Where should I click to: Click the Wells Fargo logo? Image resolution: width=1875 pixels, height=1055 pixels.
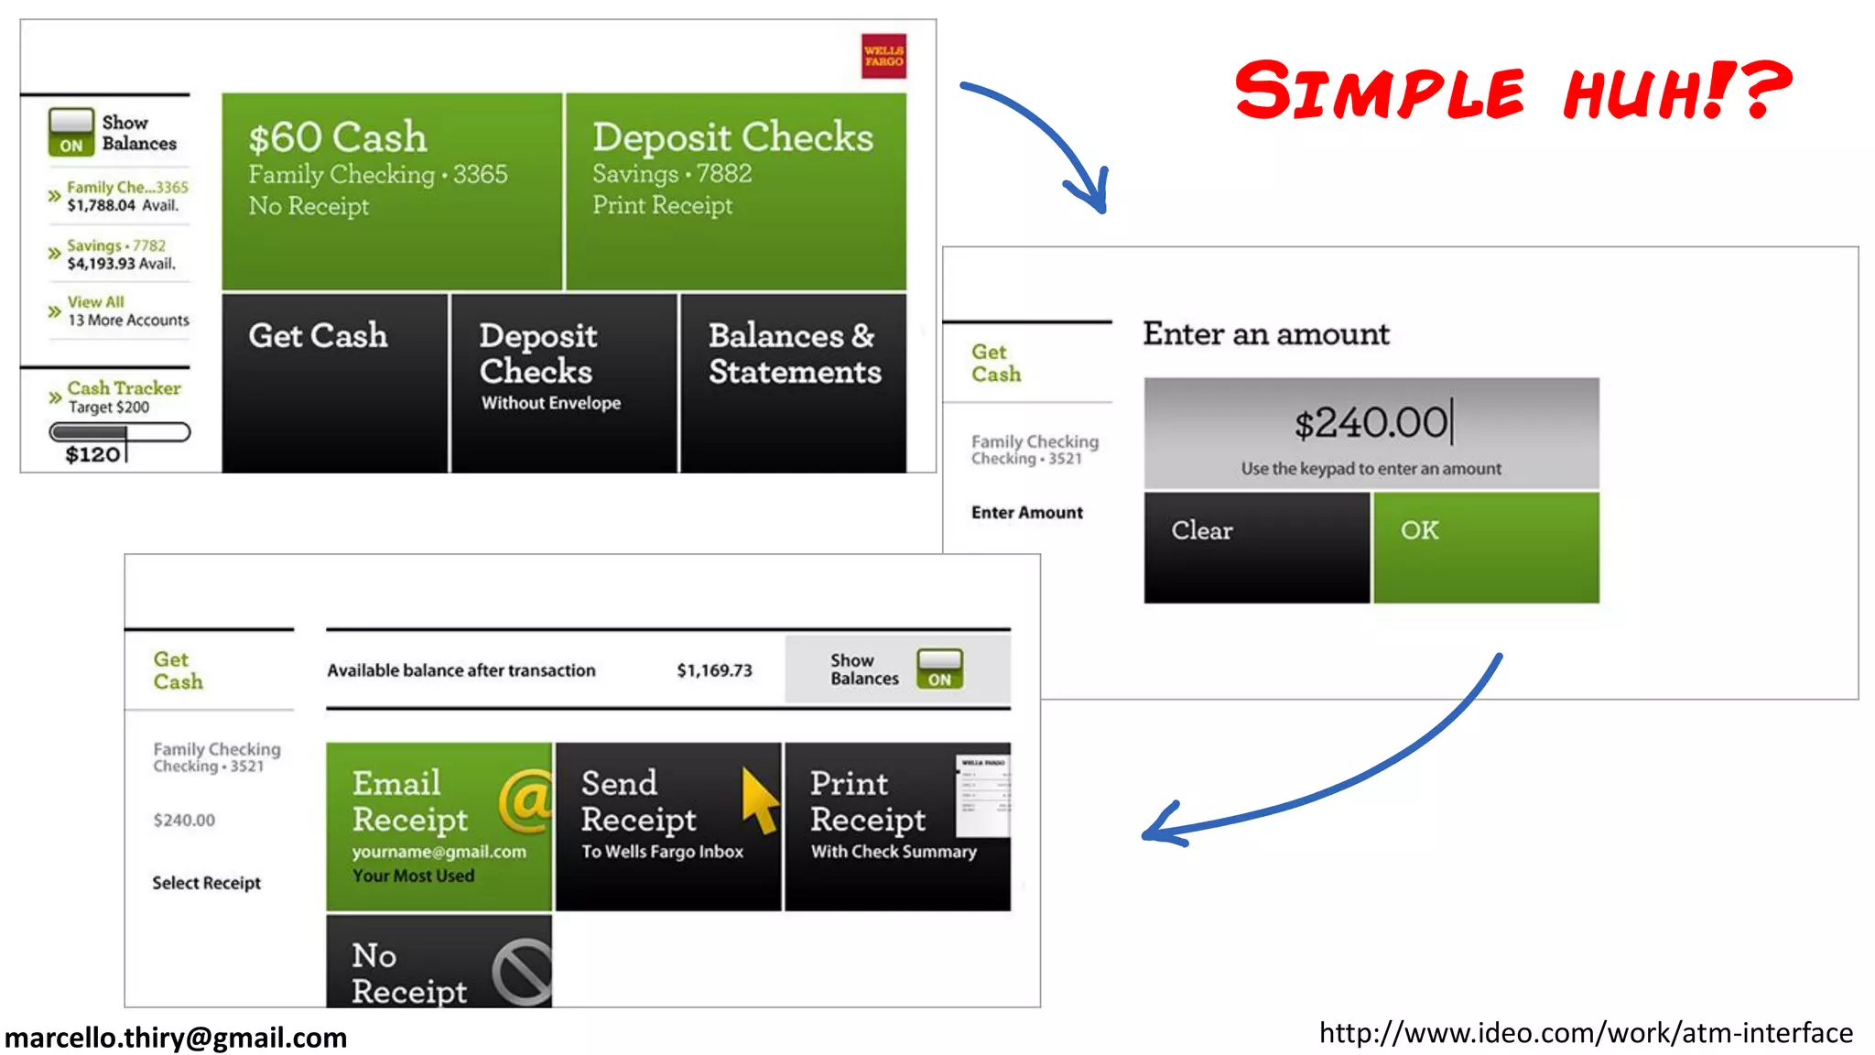tap(883, 56)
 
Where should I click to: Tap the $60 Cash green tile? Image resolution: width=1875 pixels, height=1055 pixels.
tap(392, 190)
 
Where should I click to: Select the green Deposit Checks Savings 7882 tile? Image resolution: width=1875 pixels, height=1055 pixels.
tap(735, 190)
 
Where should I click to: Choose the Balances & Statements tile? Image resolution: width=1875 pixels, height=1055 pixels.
tap(793, 382)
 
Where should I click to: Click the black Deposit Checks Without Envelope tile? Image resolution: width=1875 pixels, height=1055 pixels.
tap(563, 382)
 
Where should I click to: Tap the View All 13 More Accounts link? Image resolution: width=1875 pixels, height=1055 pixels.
tap(127, 311)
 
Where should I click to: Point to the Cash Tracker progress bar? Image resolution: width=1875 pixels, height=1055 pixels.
tap(120, 432)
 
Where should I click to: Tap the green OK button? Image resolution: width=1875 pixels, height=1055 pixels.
tap(1485, 547)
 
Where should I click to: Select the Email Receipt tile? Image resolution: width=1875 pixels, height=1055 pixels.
tap(439, 826)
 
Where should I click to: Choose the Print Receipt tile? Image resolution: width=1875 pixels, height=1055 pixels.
tap(897, 826)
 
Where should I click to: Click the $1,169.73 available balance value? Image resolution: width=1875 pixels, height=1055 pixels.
tap(714, 670)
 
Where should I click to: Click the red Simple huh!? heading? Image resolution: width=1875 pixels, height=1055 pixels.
tap(1512, 90)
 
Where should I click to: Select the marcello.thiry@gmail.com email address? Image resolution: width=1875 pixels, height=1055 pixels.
tap(176, 1038)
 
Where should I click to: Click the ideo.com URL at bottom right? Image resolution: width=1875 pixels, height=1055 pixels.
tap(1586, 1033)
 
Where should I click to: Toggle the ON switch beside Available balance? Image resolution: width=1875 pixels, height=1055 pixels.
tap(939, 669)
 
